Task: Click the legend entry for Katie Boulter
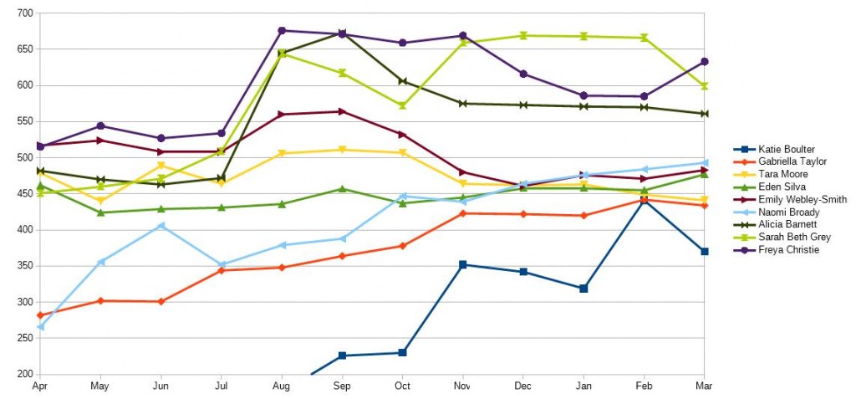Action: coord(774,149)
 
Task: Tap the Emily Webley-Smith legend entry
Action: coord(792,199)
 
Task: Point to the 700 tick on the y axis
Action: coord(23,13)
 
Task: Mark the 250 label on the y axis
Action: coord(23,339)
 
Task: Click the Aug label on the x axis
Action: coord(282,386)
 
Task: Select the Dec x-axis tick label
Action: coord(523,386)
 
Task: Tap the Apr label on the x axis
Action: coord(39,386)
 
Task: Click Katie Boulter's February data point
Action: coord(644,200)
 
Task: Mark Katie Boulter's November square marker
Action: coord(463,264)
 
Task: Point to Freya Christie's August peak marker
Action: coord(282,31)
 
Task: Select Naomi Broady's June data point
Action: coord(160,226)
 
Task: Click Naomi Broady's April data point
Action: coord(40,326)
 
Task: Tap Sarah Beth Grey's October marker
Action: coord(402,106)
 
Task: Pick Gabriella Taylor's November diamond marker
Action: coord(463,213)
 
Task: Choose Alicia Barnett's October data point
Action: coord(402,81)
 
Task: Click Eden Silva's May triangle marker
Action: coord(100,212)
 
